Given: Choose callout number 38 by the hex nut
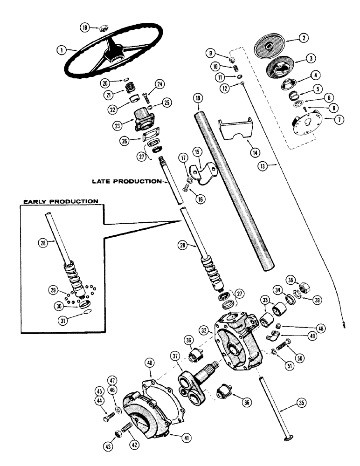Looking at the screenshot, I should coord(304,281).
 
